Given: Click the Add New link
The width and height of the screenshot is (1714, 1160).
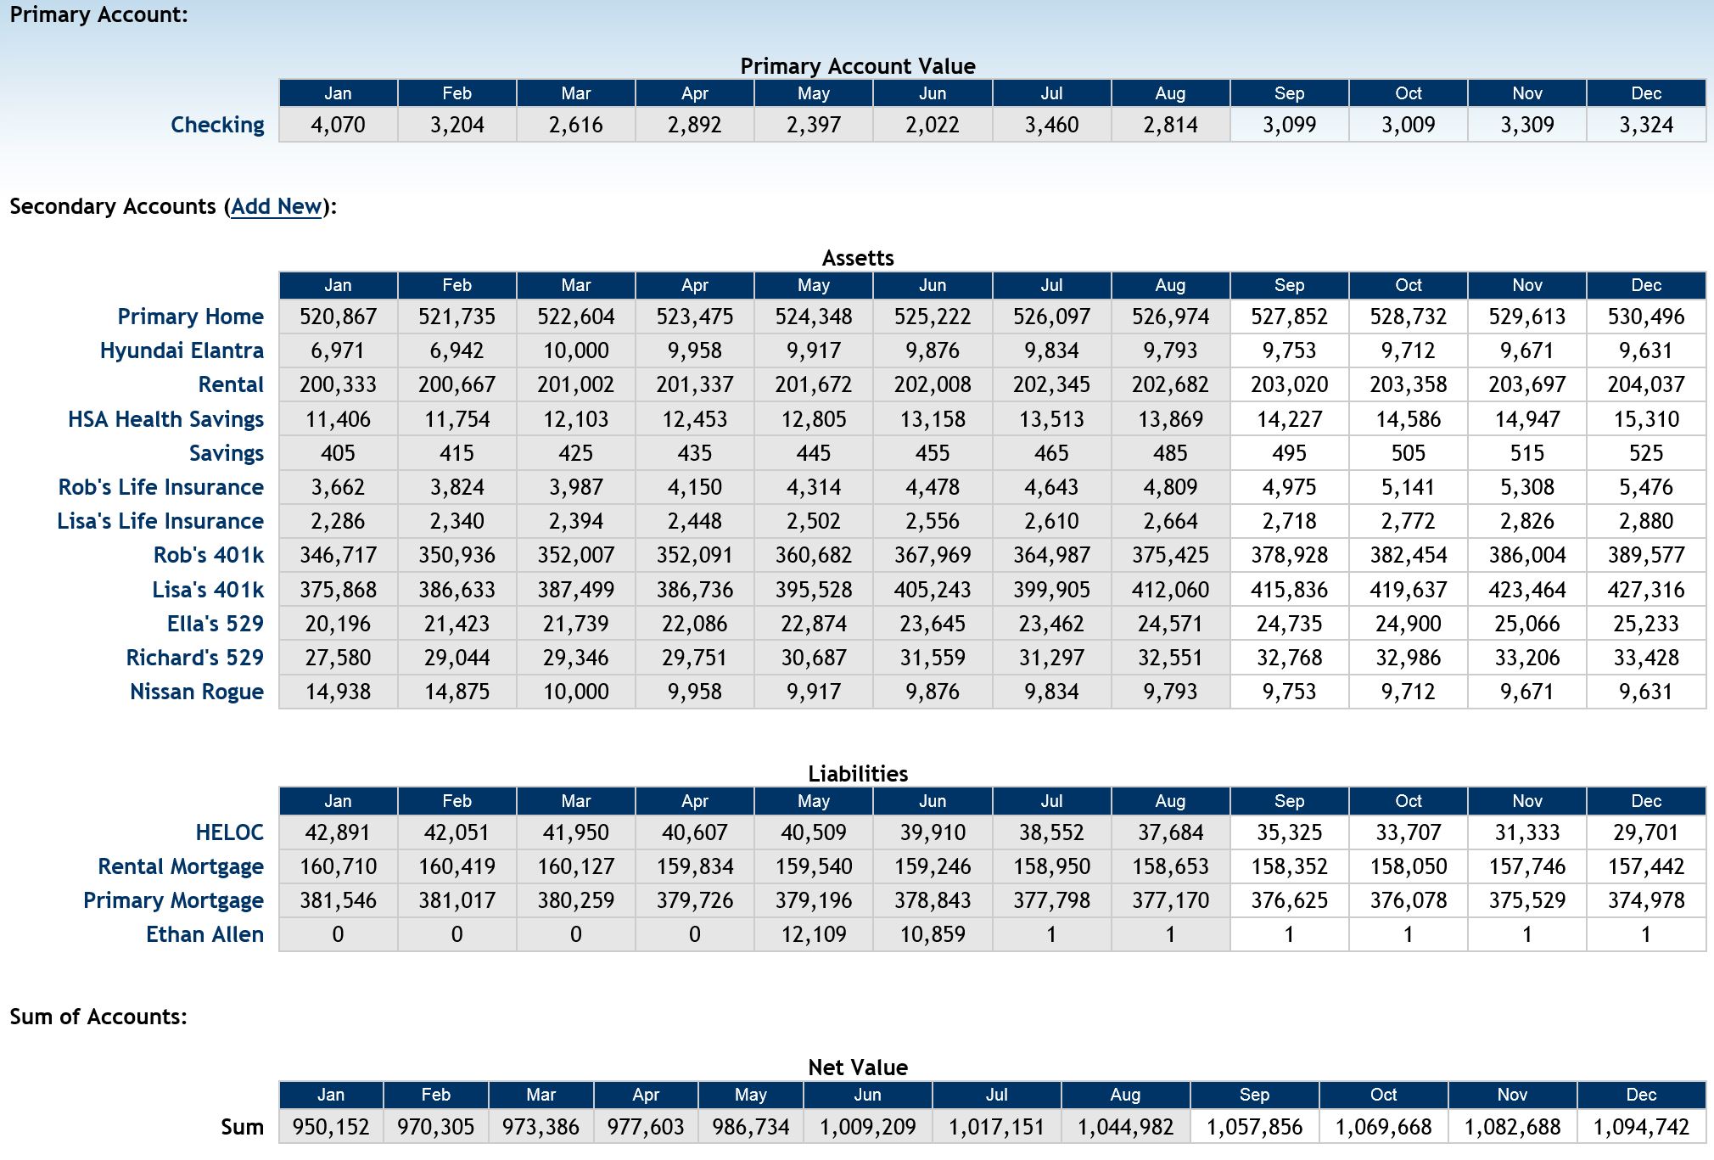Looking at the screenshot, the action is tap(277, 206).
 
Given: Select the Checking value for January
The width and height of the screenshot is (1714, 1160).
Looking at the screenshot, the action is tap(338, 125).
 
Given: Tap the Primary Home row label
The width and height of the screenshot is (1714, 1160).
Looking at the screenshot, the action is tap(191, 317).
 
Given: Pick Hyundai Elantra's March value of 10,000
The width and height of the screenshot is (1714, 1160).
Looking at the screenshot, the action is tap(576, 350).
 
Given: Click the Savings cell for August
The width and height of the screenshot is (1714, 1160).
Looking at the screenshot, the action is tap(1170, 453).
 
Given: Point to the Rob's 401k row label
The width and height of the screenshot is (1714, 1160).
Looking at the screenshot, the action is tap(209, 555).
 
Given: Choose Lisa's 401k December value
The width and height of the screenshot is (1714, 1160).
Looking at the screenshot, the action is tap(1646, 590).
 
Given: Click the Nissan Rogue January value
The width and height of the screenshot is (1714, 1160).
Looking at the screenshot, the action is tap(338, 692).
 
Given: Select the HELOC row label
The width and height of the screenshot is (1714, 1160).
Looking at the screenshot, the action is tap(230, 832).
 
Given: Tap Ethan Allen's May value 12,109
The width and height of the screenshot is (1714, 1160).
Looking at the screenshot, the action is tap(814, 934).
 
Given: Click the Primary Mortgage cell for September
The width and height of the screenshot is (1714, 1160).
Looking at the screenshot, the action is tap(1290, 900).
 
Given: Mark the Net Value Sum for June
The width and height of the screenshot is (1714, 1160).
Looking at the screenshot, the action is tap(868, 1127).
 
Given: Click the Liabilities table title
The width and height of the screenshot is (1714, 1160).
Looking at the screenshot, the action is tap(858, 773).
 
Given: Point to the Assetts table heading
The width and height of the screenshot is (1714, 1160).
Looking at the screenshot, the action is tap(858, 258).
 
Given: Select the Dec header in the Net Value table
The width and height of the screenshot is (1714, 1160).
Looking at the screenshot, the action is tap(1641, 1095).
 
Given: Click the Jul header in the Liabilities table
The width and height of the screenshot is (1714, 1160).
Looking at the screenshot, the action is tap(1051, 801).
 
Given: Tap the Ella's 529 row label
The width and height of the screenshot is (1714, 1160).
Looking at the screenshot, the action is tap(216, 624).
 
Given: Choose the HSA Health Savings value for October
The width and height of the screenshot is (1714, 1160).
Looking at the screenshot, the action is tap(1409, 419).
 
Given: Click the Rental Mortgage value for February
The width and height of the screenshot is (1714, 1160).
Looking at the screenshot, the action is tap(457, 866).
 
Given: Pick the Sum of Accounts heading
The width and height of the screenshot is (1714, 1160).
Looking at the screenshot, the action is tap(98, 1017).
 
